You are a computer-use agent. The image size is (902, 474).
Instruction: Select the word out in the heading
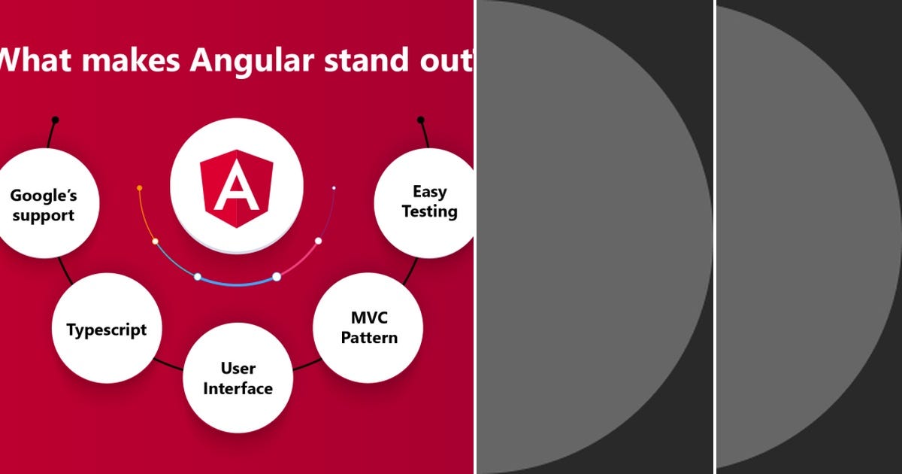click(449, 60)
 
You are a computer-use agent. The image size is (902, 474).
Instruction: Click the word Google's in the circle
click(44, 196)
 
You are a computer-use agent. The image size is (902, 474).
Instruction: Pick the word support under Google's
click(43, 216)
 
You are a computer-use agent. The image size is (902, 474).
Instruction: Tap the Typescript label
click(107, 330)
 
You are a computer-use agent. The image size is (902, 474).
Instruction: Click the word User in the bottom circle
click(238, 369)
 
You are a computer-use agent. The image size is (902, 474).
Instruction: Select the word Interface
click(238, 388)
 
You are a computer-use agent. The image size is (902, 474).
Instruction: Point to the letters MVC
click(368, 317)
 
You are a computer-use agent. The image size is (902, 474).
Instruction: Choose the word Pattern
click(369, 337)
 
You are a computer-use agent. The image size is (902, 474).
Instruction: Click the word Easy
click(430, 192)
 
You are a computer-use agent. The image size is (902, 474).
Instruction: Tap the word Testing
click(430, 211)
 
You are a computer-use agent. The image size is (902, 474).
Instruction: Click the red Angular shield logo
click(237, 185)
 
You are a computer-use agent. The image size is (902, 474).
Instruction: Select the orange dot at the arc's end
click(140, 187)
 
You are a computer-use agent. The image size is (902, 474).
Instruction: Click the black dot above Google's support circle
click(55, 120)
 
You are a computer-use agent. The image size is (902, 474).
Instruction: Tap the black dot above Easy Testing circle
click(420, 120)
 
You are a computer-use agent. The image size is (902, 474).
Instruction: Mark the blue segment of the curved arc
click(237, 283)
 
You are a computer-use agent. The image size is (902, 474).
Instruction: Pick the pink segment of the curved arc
click(301, 260)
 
